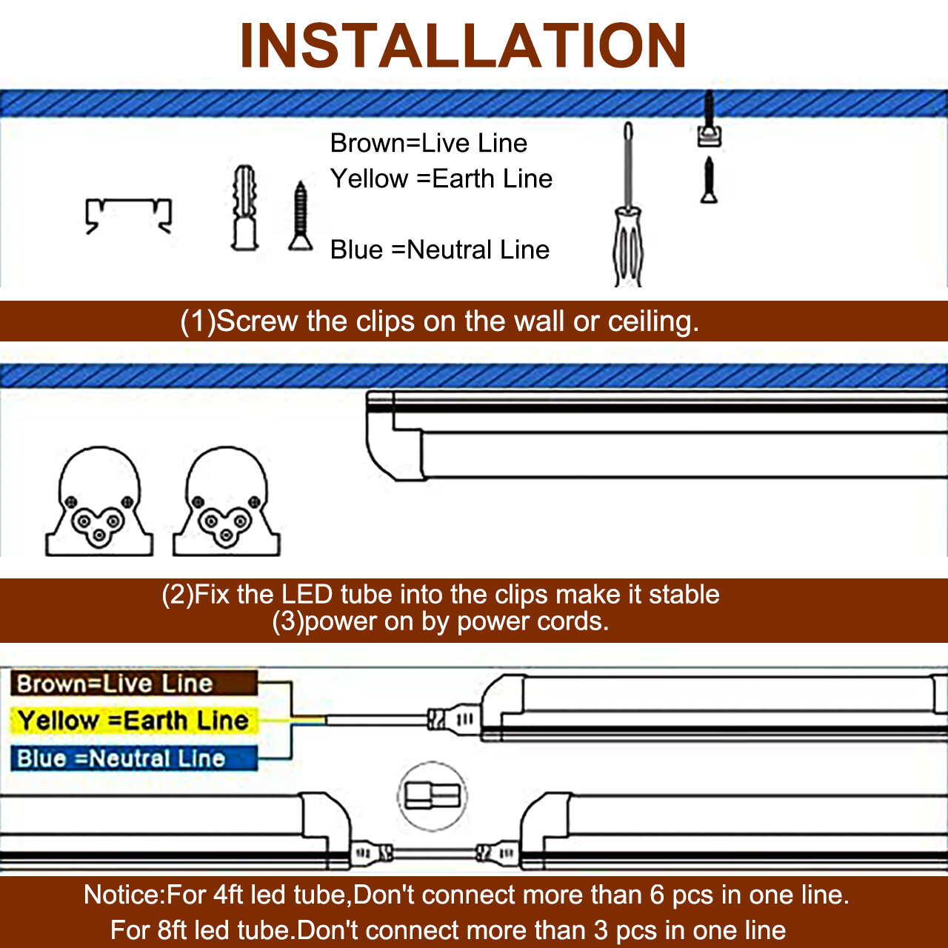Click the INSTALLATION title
pyautogui.click(x=463, y=46)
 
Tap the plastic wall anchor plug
pyautogui.click(x=245, y=208)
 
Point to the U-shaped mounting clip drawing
pyautogui.click(x=129, y=216)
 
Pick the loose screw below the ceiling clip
pyautogui.click(x=709, y=181)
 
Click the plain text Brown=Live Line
pyautogui.click(x=428, y=143)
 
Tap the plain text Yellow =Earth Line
pyautogui.click(x=441, y=178)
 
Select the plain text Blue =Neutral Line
pyautogui.click(x=439, y=250)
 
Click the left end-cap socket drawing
pyautogui.click(x=99, y=503)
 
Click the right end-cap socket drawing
pyautogui.click(x=227, y=503)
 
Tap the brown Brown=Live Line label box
pyautogui.click(x=133, y=683)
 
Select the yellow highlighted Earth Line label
pyautogui.click(x=133, y=721)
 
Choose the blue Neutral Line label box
pyautogui.click(x=133, y=758)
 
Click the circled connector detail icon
pyautogui.click(x=433, y=797)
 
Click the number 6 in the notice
pyautogui.click(x=657, y=895)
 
